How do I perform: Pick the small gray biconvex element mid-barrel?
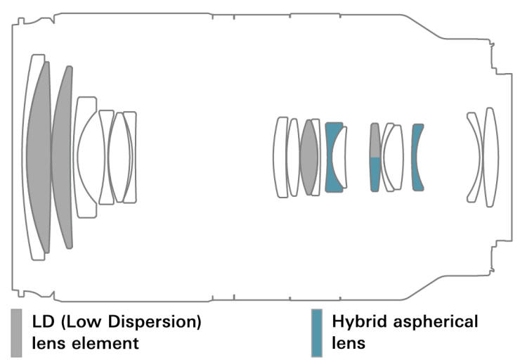309,157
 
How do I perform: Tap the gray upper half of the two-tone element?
375,140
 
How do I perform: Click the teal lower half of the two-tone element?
375,173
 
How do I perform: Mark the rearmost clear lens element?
491,156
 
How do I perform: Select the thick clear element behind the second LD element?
86,156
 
